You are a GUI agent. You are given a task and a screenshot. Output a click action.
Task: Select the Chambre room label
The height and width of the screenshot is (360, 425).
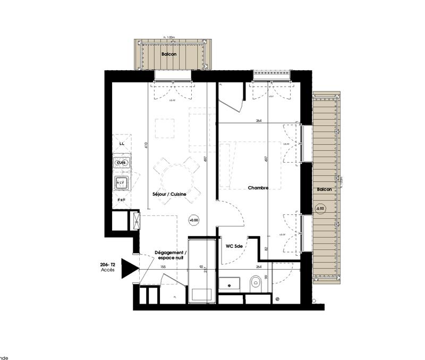[x=257, y=187]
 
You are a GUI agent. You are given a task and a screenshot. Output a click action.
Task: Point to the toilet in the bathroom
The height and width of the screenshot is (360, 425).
[x=256, y=283]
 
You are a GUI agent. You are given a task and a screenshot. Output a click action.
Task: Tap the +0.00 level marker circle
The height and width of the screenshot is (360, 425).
[x=193, y=219]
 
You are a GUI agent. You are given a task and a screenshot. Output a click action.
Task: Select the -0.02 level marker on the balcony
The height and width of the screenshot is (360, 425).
[x=320, y=208]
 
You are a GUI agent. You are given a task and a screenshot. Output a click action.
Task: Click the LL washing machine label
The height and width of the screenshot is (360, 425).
[x=122, y=144]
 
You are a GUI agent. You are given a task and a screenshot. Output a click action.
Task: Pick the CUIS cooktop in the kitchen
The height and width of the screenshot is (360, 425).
[x=122, y=163]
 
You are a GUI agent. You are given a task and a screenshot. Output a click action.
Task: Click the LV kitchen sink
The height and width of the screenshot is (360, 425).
[x=121, y=183]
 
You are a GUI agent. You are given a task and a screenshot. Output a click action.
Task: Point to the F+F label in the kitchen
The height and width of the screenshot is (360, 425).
[x=122, y=200]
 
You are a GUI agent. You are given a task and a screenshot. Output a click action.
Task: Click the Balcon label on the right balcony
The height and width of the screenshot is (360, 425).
[x=325, y=189]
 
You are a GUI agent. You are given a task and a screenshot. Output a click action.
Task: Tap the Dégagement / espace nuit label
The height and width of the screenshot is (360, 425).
[x=169, y=255]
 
